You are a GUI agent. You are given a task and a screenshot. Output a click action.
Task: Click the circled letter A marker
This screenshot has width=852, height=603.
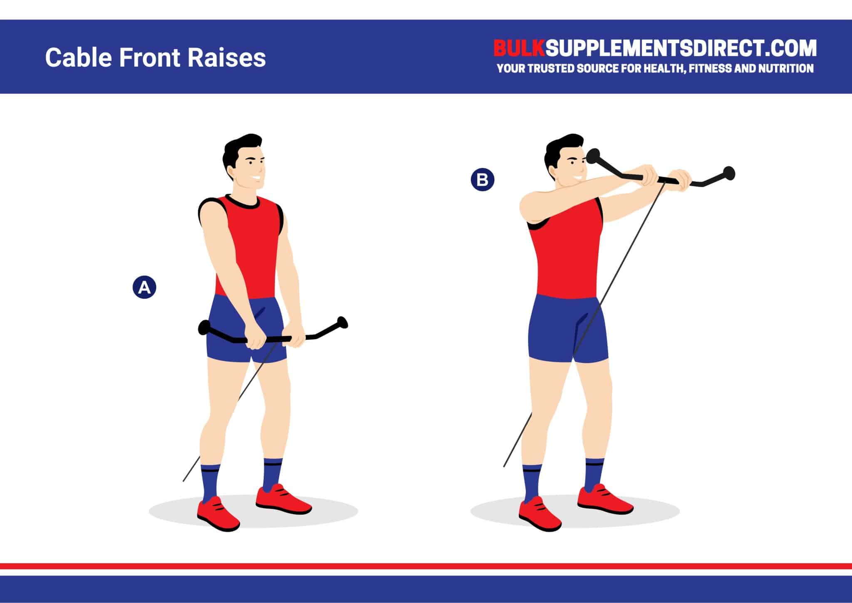(144, 288)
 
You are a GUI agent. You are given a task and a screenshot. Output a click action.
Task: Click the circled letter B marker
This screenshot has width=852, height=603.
(482, 180)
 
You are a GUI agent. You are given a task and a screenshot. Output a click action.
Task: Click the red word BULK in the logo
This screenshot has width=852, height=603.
(518, 49)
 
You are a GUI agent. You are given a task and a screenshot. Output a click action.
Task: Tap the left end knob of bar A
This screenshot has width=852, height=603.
(204, 327)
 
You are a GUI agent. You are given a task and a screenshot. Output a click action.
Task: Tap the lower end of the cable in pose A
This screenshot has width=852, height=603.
(184, 481)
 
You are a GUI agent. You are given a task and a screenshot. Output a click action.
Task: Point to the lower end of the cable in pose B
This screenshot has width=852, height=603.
(505, 465)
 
